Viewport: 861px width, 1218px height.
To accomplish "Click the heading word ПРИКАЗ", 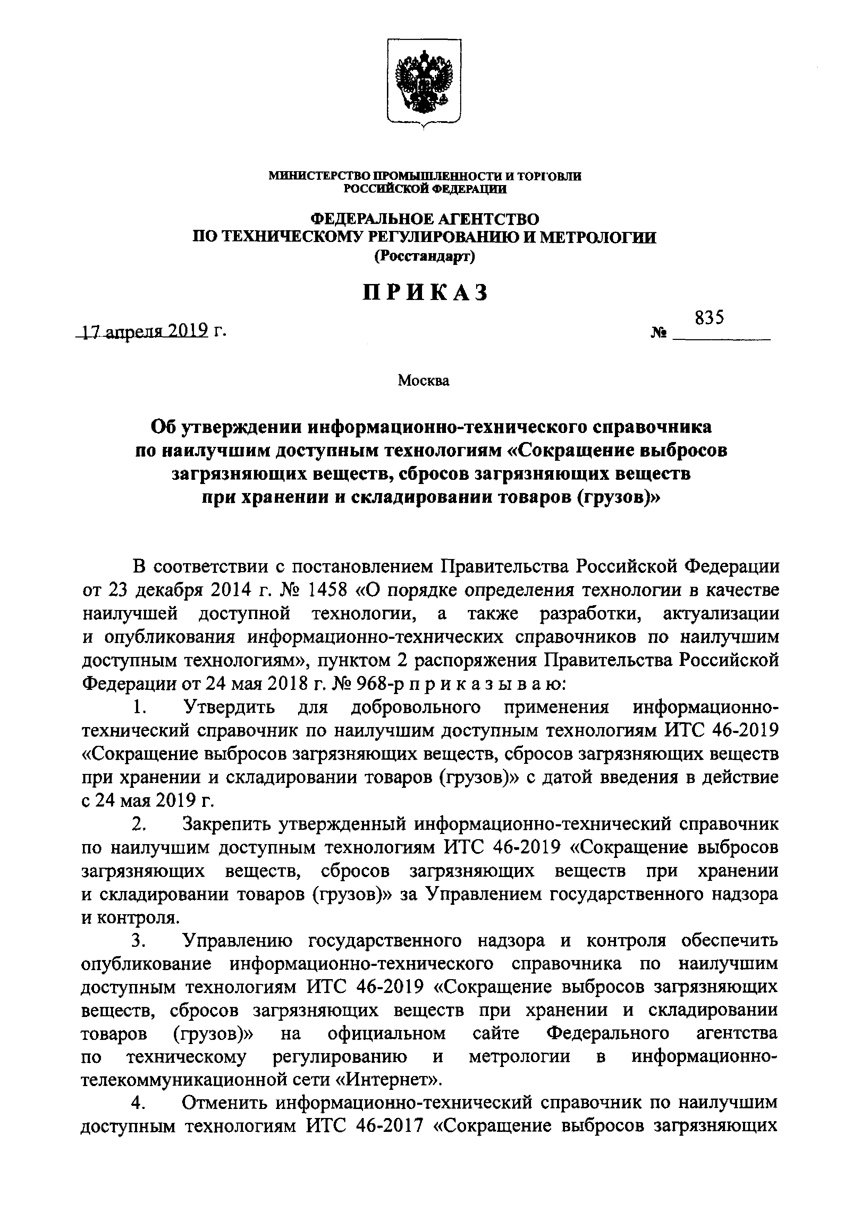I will [x=425, y=292].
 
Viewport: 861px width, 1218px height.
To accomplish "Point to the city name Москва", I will [x=424, y=380].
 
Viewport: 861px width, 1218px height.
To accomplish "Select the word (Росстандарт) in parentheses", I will [x=425, y=257].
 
